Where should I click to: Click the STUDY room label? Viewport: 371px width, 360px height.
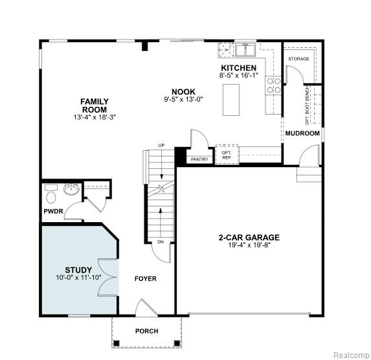[78, 270]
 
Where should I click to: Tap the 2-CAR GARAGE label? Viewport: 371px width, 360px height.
[249, 238]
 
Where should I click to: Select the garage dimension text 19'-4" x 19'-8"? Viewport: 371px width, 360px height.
[249, 245]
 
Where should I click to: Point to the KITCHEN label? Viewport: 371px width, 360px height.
[238, 68]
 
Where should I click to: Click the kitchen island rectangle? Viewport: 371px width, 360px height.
[231, 100]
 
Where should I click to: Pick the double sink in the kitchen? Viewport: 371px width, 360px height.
[245, 50]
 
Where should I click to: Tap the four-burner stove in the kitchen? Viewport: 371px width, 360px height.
[273, 85]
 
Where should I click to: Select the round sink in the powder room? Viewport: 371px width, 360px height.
[71, 189]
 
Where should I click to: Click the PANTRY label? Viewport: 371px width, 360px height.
[199, 159]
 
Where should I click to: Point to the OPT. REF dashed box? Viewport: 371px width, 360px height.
[227, 154]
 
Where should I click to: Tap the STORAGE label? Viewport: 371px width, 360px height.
[298, 59]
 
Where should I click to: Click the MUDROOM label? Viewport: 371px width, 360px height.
[302, 133]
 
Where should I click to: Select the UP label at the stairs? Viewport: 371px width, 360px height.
[161, 145]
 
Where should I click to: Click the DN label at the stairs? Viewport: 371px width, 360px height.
[161, 242]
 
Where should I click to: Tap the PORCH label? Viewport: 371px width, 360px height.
[147, 331]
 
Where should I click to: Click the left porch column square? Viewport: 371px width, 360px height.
[117, 343]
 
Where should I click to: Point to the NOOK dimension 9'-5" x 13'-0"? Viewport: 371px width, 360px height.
[184, 99]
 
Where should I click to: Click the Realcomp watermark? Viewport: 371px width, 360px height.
[352, 355]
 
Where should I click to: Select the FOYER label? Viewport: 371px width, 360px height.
[146, 279]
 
